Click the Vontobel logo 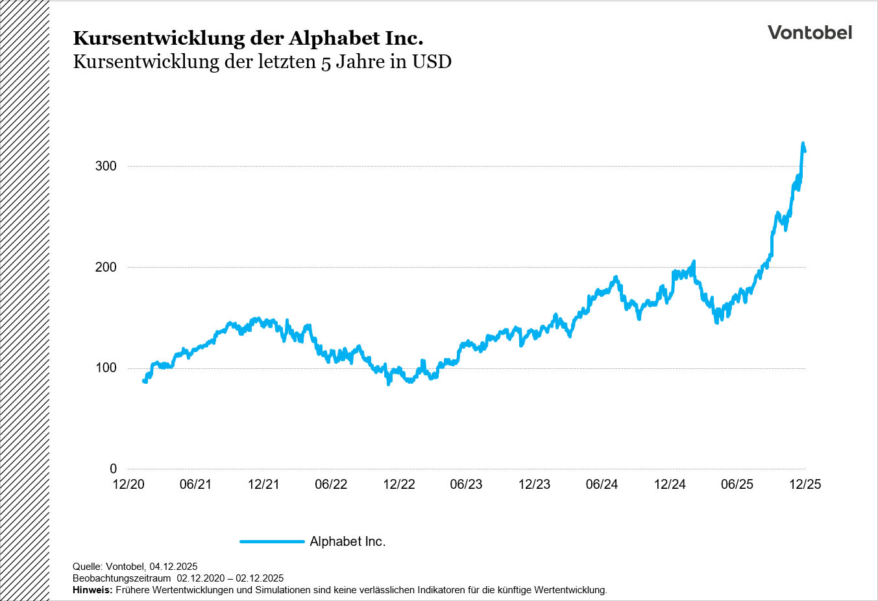click(x=809, y=32)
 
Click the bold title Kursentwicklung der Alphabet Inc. click(x=248, y=38)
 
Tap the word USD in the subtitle click(x=432, y=62)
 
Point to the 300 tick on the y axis click(x=106, y=166)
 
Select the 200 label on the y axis click(x=106, y=267)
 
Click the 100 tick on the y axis click(x=106, y=368)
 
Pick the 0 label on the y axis click(x=114, y=469)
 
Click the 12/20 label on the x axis click(x=128, y=484)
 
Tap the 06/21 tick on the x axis click(x=195, y=484)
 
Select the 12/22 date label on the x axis click(x=399, y=484)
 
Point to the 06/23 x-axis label click(x=467, y=484)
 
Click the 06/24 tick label click(x=602, y=484)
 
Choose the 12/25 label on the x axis click(x=805, y=484)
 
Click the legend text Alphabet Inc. click(x=347, y=541)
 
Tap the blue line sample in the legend click(x=272, y=541)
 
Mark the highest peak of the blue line click(x=803, y=143)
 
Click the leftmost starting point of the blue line click(x=144, y=381)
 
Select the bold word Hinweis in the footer click(x=92, y=590)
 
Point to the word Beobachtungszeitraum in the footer click(x=121, y=578)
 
